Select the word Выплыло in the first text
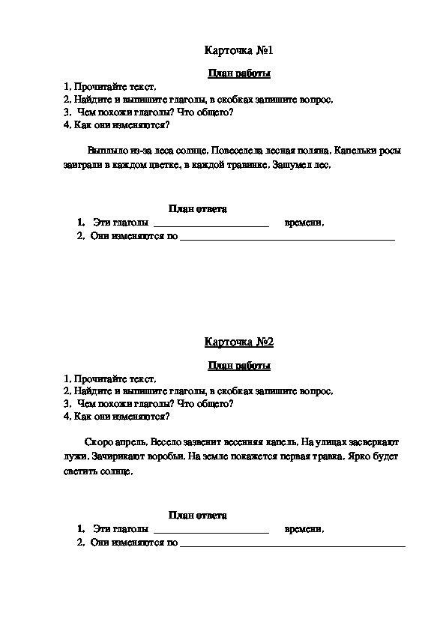106,150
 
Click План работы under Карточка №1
239,73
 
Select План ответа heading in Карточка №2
198,516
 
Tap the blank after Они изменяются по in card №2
292,544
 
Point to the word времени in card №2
304,530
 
